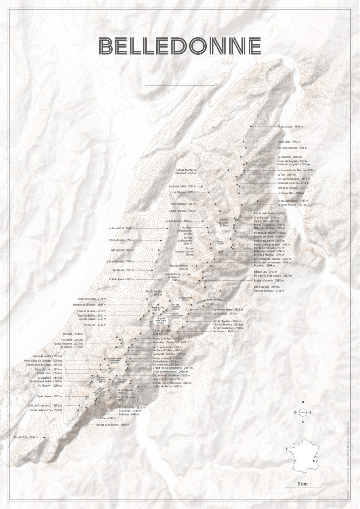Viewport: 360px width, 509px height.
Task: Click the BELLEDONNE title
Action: point(180,45)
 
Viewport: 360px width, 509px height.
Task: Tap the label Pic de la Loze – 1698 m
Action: point(290,127)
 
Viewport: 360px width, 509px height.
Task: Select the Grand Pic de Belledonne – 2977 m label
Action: point(173,368)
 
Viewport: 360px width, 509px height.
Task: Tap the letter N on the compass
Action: point(303,402)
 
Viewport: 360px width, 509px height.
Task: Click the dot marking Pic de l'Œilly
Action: point(44,437)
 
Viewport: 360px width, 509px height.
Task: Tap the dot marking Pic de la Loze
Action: point(251,127)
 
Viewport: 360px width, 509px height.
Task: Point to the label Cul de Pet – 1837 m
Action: point(124,270)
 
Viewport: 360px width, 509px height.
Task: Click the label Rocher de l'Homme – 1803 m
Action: point(112,424)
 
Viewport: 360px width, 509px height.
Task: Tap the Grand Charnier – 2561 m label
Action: point(183,211)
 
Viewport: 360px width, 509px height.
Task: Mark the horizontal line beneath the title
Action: point(180,86)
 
